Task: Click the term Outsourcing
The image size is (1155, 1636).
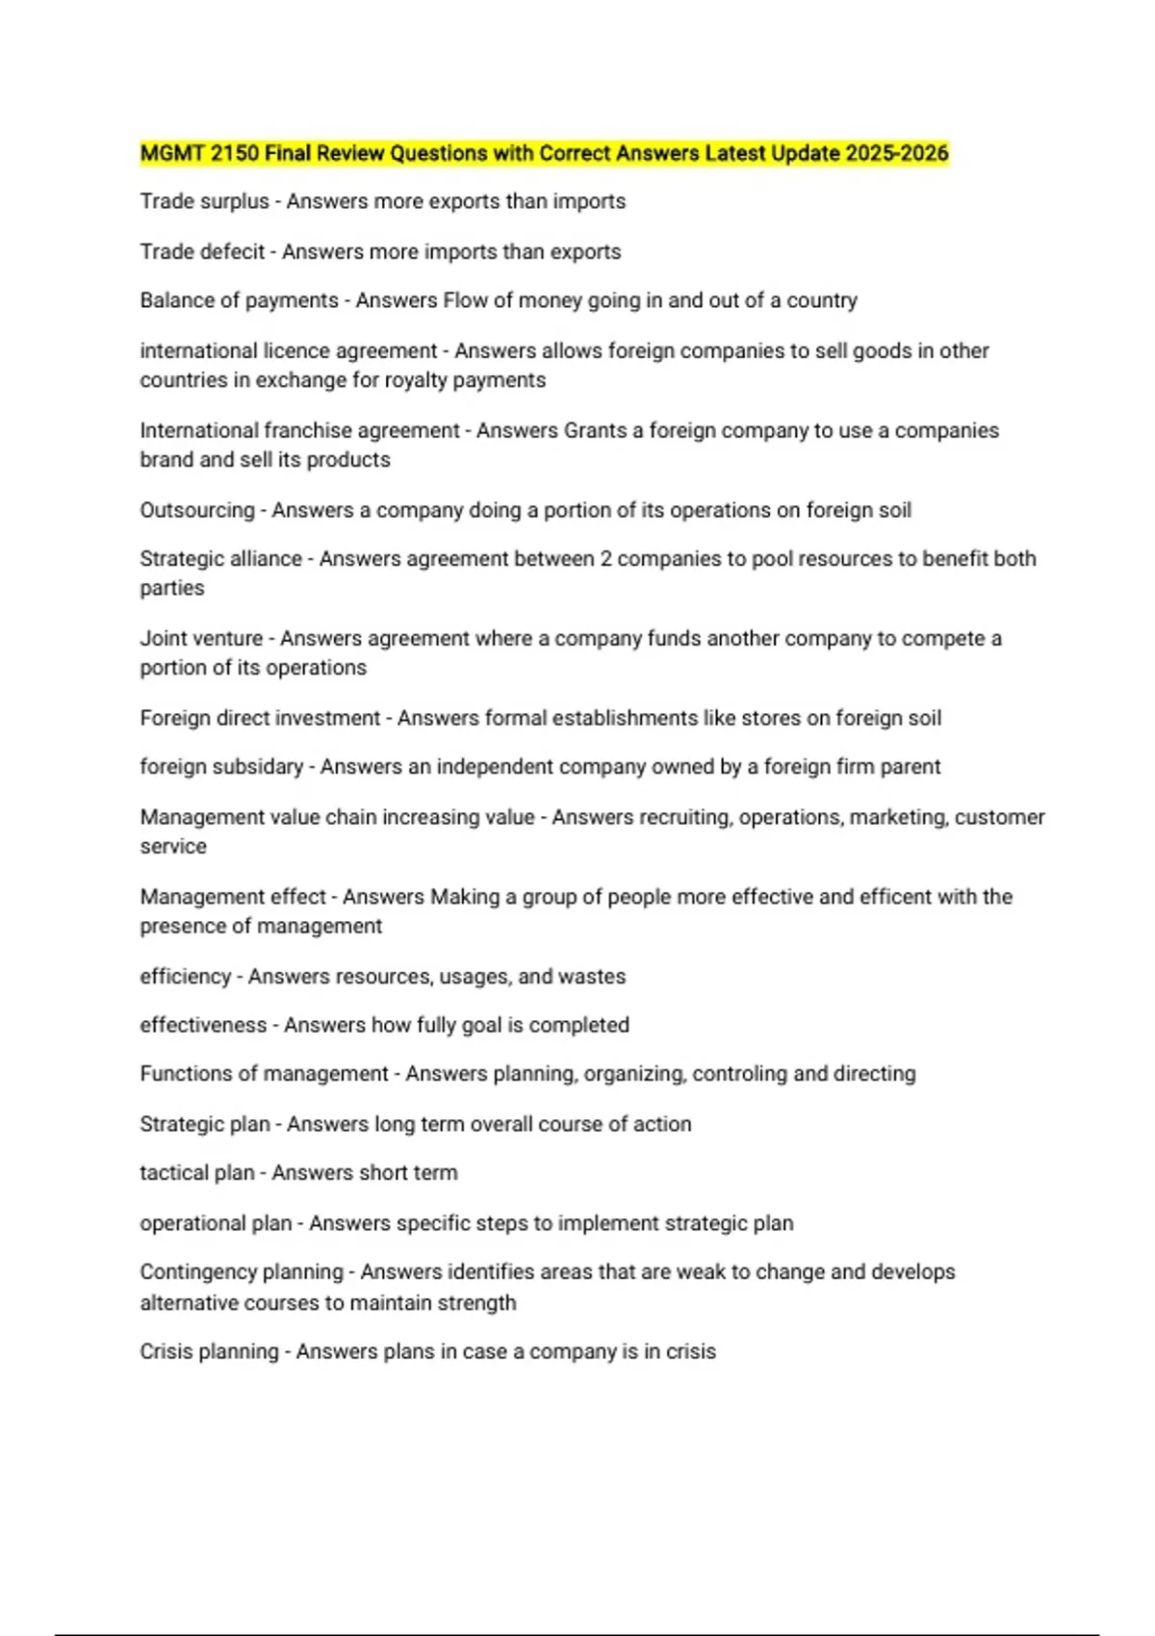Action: (x=197, y=510)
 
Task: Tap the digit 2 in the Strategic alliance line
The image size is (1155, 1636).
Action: (x=605, y=559)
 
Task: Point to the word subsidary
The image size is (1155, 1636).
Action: (x=261, y=767)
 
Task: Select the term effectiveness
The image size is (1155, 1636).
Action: (x=203, y=1025)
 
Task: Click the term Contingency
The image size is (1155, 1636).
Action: (x=192, y=1272)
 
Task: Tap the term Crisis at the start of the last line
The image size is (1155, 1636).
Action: (x=167, y=1351)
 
